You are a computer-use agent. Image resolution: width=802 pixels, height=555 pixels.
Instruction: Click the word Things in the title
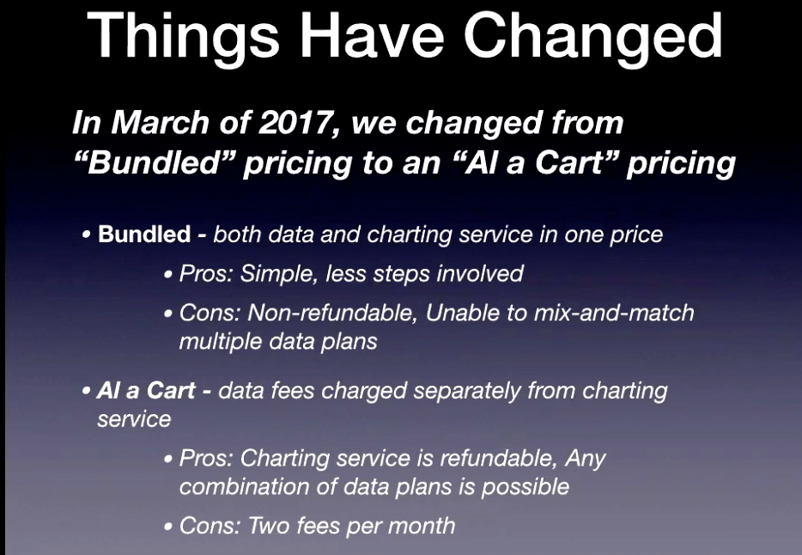click(184, 37)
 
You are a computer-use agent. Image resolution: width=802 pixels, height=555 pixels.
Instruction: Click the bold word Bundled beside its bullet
click(144, 235)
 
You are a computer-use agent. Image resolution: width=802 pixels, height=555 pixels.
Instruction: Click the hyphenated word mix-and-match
click(614, 313)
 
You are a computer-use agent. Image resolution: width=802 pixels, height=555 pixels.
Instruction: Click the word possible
click(526, 487)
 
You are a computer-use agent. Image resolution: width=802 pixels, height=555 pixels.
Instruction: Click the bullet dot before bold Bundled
click(87, 235)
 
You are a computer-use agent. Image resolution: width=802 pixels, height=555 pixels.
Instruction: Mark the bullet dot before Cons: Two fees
click(168, 527)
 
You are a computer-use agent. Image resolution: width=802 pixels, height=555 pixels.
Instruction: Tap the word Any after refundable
click(585, 459)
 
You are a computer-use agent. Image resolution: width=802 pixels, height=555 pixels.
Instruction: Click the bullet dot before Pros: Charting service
click(168, 459)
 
